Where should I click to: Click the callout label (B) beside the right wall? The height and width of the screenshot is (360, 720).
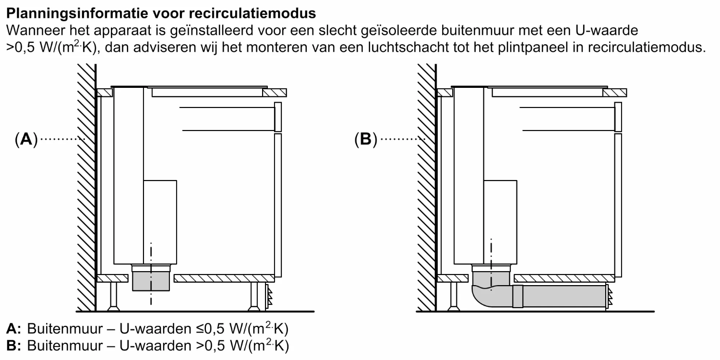366,140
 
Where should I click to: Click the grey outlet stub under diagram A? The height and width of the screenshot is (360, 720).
151,281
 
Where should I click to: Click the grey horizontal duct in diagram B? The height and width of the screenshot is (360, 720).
564,296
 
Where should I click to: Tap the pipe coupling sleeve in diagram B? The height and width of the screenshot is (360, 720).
517,296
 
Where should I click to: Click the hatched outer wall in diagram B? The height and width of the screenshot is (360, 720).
427,192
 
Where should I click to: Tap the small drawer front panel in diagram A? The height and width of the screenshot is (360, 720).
277,117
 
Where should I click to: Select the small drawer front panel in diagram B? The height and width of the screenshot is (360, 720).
618,117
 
